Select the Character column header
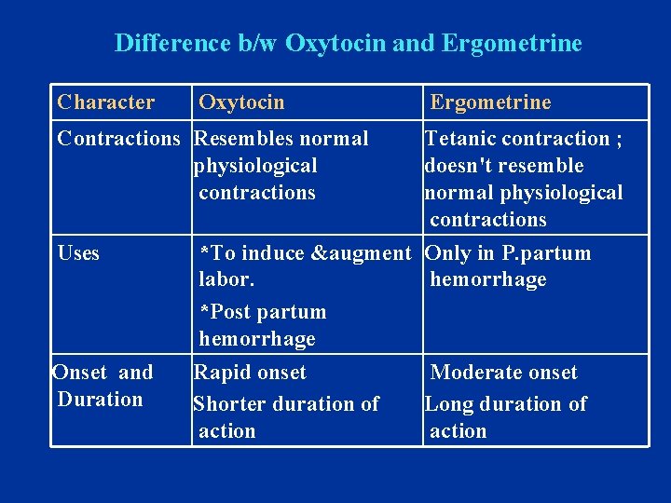coord(105,102)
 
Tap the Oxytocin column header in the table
coord(241,102)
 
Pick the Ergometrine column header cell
coord(490,102)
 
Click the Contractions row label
coord(118,139)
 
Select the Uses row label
coord(78,253)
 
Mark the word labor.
coord(226,279)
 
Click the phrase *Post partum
coord(263,312)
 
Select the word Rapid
coord(220,373)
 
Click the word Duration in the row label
coord(100,400)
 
